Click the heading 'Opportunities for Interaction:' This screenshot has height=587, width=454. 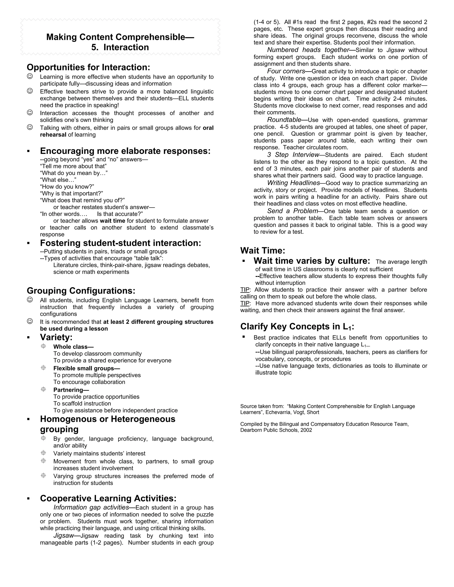pyautogui.click(x=88, y=67)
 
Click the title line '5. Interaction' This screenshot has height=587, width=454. pyautogui.click(x=120, y=47)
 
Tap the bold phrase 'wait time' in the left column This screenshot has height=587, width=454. pyautogui.click(x=112, y=221)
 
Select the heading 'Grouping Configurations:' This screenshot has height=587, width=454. pyautogui.click(x=81, y=291)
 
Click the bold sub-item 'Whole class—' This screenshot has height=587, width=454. pyautogui.click(x=73, y=347)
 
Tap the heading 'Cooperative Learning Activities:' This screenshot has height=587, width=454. pyautogui.click(x=108, y=498)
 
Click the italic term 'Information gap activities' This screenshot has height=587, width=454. pyautogui.click(x=91, y=507)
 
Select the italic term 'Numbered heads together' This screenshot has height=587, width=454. pyautogui.click(x=308, y=50)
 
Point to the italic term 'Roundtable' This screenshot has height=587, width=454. pyautogui.click(x=284, y=120)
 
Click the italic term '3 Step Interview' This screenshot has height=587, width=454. pyautogui.click(x=293, y=155)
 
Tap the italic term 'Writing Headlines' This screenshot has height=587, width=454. pyautogui.click(x=293, y=183)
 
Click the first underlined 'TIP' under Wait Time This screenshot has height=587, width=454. pyautogui.click(x=245, y=290)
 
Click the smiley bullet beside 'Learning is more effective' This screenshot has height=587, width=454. pyautogui.click(x=30, y=76)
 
